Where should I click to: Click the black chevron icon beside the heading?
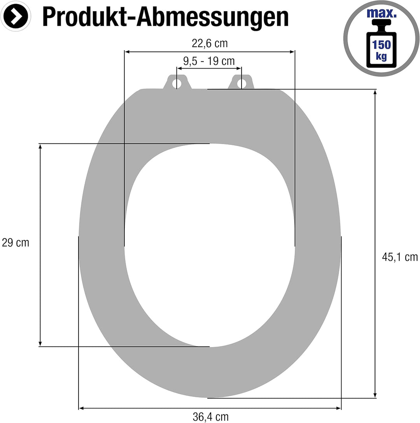point(16,17)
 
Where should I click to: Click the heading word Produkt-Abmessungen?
point(165,17)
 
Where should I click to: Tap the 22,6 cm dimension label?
point(210,43)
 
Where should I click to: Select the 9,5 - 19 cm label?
point(209,61)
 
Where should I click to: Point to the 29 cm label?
point(16,243)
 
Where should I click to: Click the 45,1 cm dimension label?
point(399,257)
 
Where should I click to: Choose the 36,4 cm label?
point(210,417)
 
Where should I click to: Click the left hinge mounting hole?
point(177,83)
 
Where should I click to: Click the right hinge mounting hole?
point(241,83)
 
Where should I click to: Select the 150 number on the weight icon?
point(381,44)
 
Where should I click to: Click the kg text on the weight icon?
point(381,57)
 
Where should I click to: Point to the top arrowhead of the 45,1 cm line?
point(375,92)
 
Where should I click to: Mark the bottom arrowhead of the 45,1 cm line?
point(375,395)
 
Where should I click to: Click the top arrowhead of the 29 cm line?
point(40,146)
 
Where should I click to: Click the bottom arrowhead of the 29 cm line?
point(40,344)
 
